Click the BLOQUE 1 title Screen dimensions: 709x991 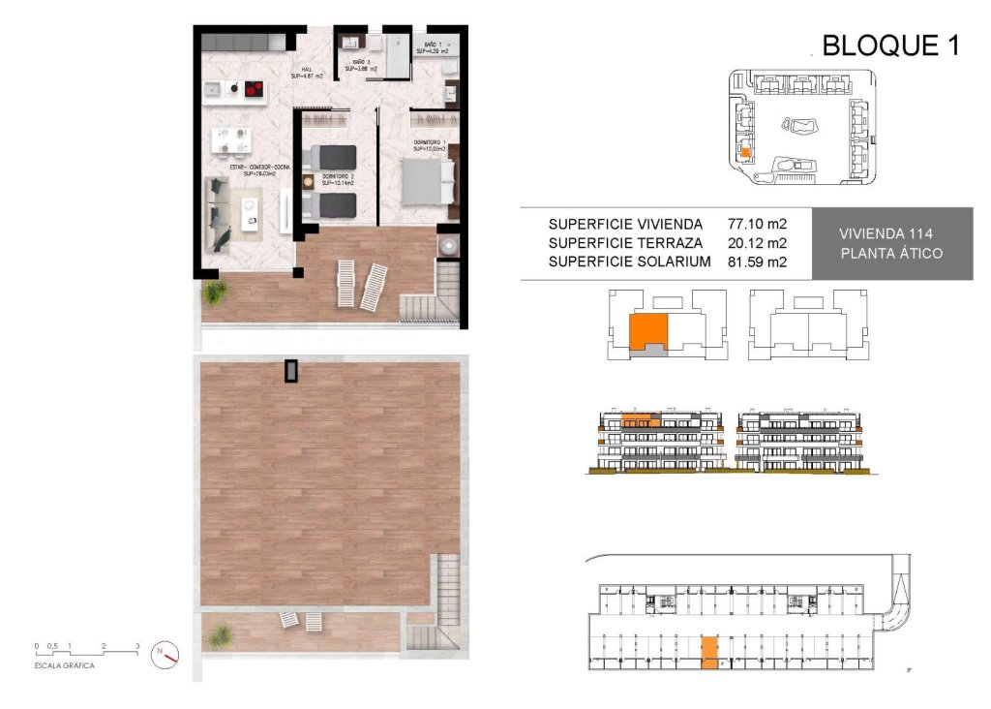tap(889, 46)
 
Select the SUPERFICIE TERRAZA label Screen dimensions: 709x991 tap(625, 242)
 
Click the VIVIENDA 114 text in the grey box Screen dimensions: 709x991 tap(891, 233)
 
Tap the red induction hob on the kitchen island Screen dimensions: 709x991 tap(253, 90)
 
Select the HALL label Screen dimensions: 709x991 tap(306, 70)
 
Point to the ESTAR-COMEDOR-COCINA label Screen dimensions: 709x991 tap(259, 168)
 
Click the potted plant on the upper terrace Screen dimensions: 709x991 tap(212, 292)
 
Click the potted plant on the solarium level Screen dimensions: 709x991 tap(221, 636)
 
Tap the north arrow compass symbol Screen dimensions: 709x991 tap(166, 655)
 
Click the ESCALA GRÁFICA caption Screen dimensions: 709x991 tap(66, 666)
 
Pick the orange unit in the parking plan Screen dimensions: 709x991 tap(709, 653)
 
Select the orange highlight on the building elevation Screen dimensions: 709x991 tap(639, 420)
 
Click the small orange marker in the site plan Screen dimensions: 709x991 tap(745, 151)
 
